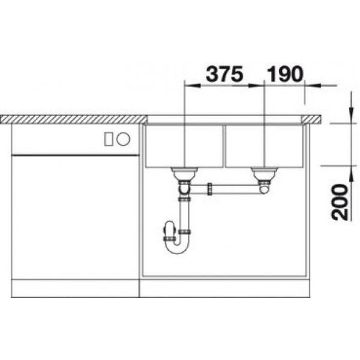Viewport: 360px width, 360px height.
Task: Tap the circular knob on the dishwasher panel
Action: (124, 139)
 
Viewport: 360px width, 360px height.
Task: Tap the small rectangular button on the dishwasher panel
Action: (109, 139)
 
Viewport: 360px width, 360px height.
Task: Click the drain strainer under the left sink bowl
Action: (184, 173)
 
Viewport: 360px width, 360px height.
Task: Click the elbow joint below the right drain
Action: (264, 188)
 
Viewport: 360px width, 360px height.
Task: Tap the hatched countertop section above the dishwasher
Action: (72, 119)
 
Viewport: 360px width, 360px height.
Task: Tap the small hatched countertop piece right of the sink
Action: (312, 119)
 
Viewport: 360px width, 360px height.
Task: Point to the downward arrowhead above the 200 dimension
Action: (350, 116)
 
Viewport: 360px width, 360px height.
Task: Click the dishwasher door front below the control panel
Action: (75, 216)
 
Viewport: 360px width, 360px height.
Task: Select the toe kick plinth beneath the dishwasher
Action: (75, 289)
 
